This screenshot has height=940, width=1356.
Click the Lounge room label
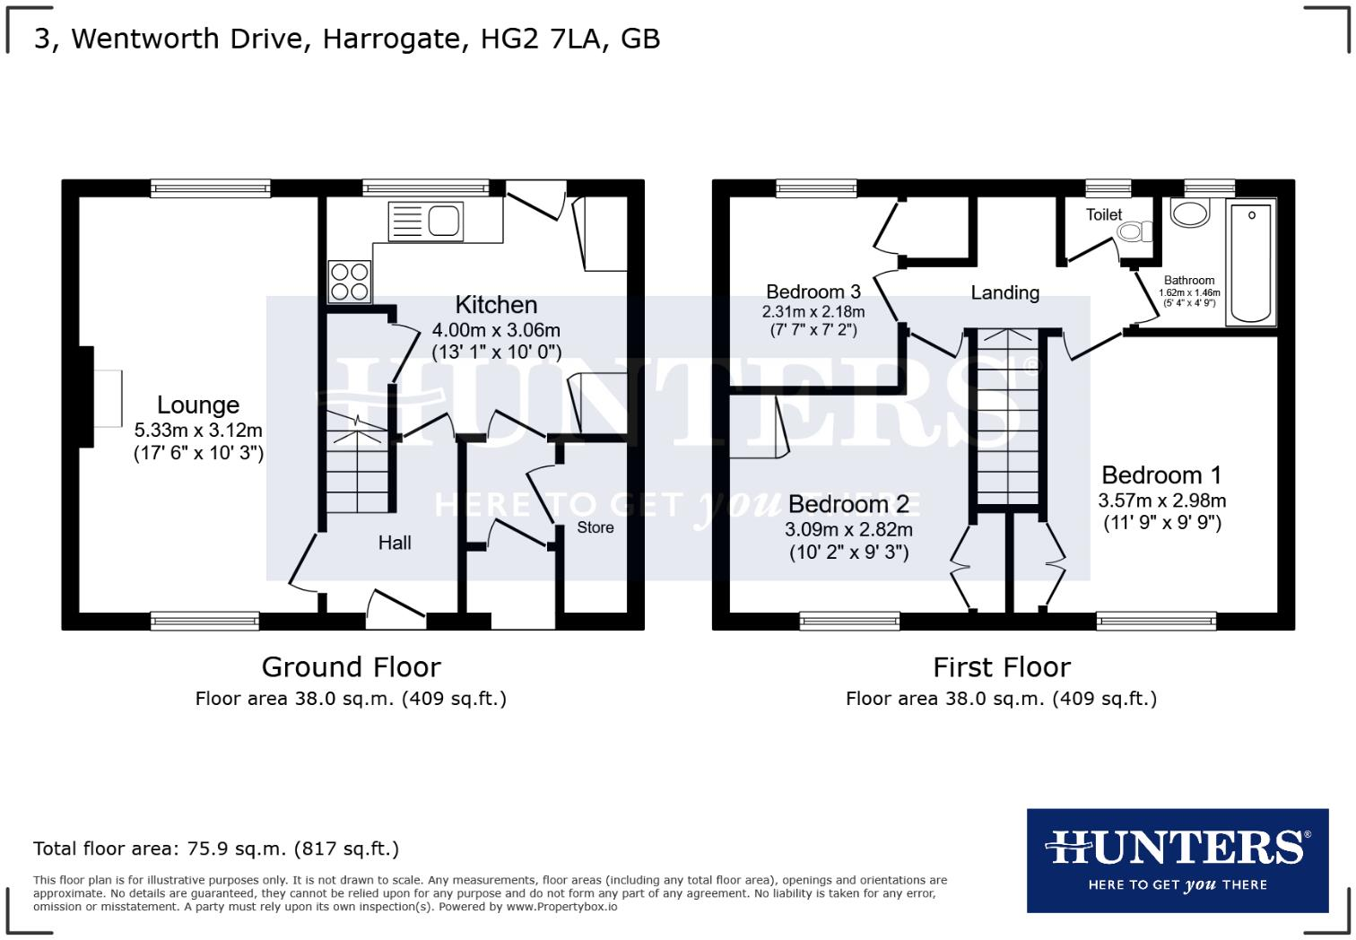click(x=198, y=405)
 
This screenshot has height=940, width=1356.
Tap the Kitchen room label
click(x=496, y=305)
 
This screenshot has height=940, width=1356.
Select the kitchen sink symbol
click(x=427, y=221)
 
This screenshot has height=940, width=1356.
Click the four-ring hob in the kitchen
click(x=350, y=280)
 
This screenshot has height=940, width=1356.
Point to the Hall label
click(x=395, y=543)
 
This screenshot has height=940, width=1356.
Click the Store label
click(x=595, y=527)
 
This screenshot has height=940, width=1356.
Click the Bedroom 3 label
click(x=813, y=292)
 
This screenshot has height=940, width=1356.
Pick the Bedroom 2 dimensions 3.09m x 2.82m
click(x=848, y=530)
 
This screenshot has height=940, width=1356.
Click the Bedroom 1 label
click(x=1161, y=474)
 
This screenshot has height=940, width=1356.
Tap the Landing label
click(x=1004, y=292)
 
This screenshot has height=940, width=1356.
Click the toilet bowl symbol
click(x=1134, y=232)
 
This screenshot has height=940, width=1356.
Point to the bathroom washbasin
click(x=1190, y=213)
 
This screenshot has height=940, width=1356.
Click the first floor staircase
click(x=1007, y=417)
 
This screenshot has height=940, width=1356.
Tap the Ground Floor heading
click(x=351, y=667)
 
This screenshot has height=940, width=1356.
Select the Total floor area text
click(x=216, y=849)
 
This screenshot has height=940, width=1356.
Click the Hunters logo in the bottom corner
click(x=1177, y=860)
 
